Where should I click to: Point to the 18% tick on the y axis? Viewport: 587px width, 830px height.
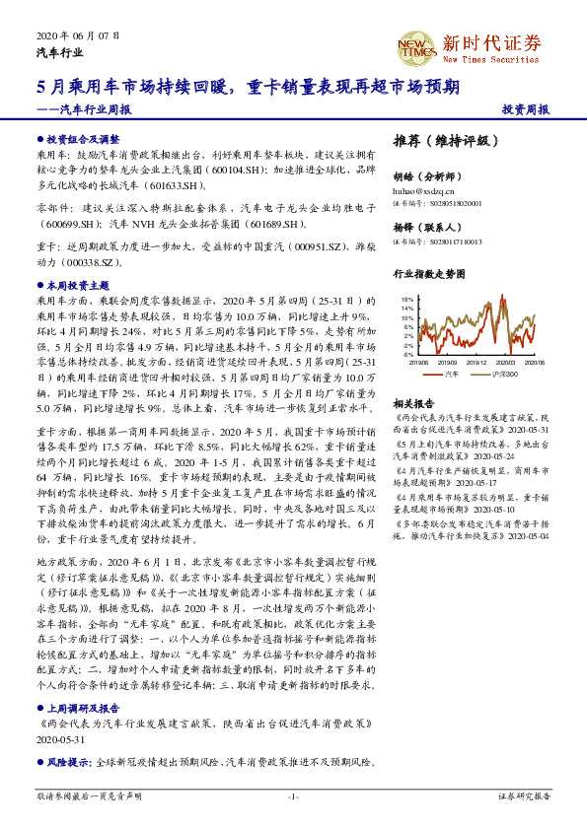point(407,298)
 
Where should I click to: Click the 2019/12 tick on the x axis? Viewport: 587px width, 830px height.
point(477,363)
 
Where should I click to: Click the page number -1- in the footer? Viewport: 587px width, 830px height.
point(293,795)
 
